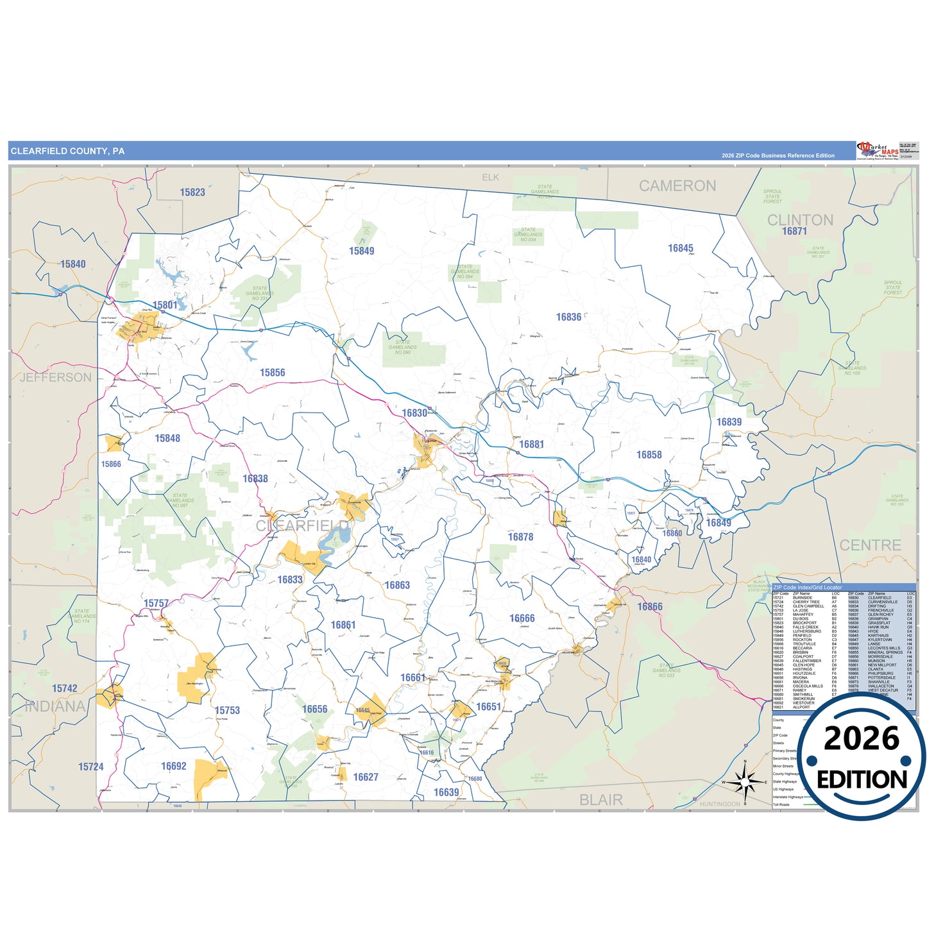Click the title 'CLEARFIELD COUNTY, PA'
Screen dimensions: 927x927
click(67, 151)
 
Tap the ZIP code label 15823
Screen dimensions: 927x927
click(192, 192)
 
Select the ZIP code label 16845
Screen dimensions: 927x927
click(680, 248)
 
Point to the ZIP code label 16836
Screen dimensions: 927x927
click(568, 317)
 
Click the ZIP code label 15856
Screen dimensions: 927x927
click(272, 373)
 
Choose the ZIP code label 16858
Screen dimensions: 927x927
click(649, 455)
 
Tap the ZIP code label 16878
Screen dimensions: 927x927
click(520, 537)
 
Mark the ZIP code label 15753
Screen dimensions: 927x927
click(227, 710)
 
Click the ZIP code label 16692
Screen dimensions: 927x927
click(173, 766)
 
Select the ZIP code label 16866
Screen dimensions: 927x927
click(650, 607)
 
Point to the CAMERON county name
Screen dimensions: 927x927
click(677, 186)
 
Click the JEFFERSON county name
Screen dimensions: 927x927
click(56, 377)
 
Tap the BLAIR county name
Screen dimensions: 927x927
click(600, 800)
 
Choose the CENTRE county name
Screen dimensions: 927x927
click(870, 545)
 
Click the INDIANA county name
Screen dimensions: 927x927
click(55, 706)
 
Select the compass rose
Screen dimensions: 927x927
click(745, 782)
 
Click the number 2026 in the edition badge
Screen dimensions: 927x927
click(862, 738)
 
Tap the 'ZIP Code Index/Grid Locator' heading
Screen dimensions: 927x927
click(808, 588)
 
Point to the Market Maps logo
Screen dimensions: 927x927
click(878, 151)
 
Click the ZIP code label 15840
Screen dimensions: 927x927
click(72, 264)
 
